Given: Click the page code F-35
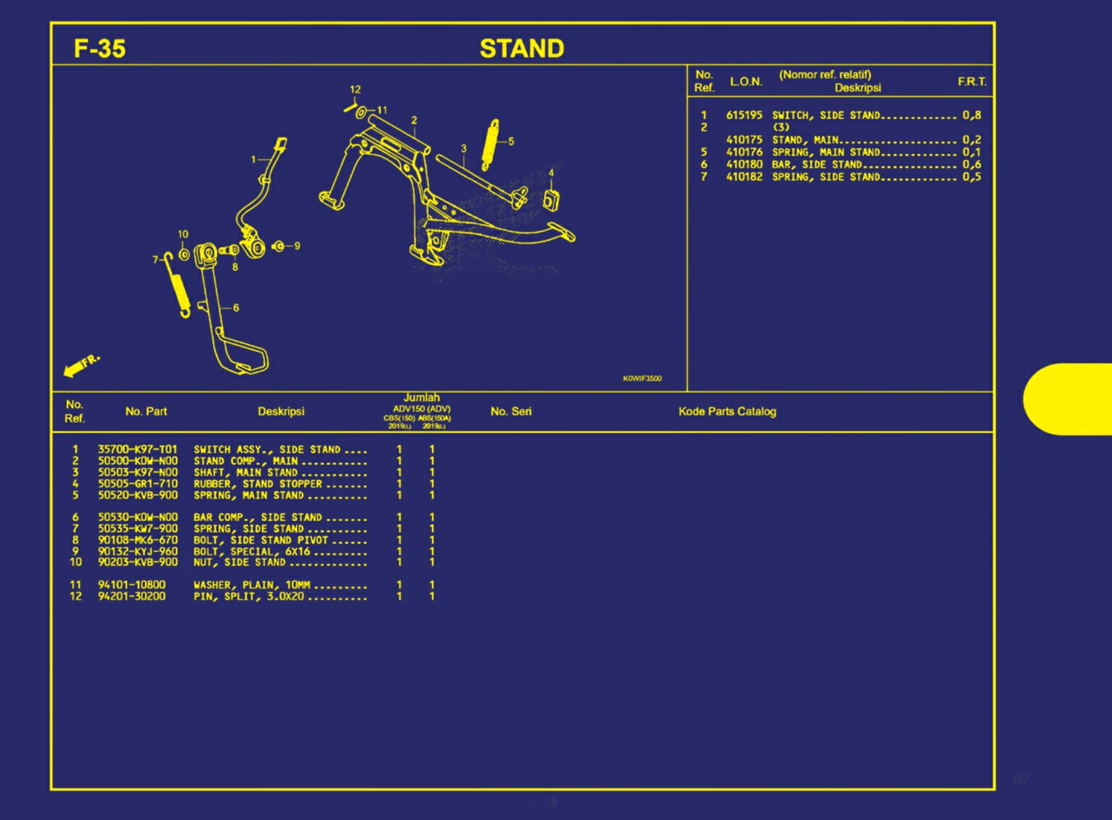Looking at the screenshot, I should (x=100, y=49).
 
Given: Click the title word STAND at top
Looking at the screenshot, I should (x=522, y=49).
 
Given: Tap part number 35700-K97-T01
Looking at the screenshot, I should (x=138, y=450).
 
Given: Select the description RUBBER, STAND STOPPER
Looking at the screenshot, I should (x=258, y=484).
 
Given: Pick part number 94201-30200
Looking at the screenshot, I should (x=132, y=597).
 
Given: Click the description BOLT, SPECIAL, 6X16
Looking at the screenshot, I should (x=252, y=552).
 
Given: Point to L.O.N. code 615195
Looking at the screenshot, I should (x=744, y=115).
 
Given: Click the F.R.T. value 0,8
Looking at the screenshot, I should (x=972, y=115).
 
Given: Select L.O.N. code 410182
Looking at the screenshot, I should (x=744, y=177).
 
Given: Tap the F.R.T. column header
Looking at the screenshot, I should (x=972, y=81).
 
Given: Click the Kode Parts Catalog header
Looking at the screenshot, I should (x=727, y=412).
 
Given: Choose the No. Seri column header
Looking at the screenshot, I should (x=511, y=412).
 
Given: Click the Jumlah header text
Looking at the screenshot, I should (x=421, y=398).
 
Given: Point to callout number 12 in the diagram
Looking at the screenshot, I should (x=355, y=89).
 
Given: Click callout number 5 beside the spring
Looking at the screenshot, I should (x=511, y=141).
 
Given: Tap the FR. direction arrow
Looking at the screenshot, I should (x=80, y=366).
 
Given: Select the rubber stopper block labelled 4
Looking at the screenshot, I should (x=552, y=201).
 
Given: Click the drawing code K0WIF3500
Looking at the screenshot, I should (x=642, y=378).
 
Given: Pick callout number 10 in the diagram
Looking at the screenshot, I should (x=183, y=234).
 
